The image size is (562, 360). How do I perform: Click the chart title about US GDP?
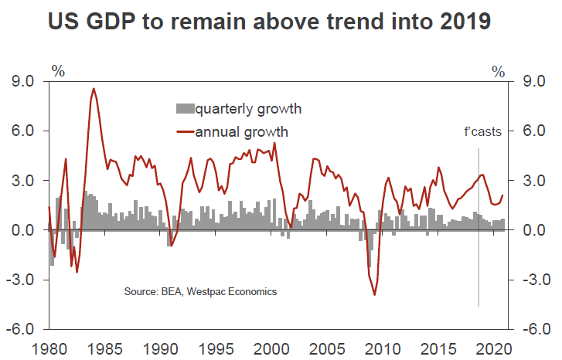tap(269, 22)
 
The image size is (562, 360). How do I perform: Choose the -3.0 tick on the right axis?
tap(535, 280)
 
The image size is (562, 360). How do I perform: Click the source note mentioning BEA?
tap(200, 292)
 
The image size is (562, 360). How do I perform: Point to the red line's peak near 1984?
tap(94, 89)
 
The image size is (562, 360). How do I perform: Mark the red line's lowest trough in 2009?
tap(375, 294)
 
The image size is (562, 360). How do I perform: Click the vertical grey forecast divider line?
tap(479, 232)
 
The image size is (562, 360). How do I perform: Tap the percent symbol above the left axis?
tap(58, 72)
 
